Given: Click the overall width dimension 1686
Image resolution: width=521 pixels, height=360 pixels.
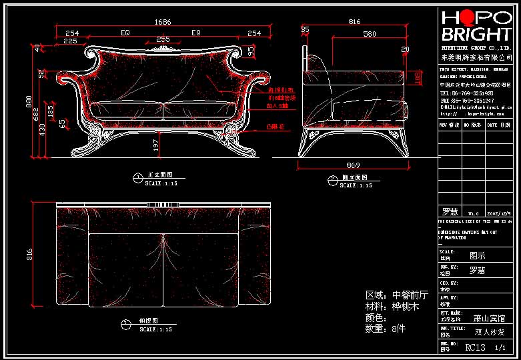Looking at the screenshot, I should coord(163,22).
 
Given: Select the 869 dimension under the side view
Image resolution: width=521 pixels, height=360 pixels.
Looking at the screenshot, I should coord(353,165).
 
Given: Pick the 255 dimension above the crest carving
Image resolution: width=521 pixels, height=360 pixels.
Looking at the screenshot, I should coord(163,40).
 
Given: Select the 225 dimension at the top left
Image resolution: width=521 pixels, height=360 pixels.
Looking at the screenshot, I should coord(69,41).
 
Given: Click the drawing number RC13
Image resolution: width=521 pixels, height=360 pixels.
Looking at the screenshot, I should coord(475,347).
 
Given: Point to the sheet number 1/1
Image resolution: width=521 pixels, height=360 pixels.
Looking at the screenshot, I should coord(500,347).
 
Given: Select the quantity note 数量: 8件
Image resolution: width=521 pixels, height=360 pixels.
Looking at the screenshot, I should coord(386,329).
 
